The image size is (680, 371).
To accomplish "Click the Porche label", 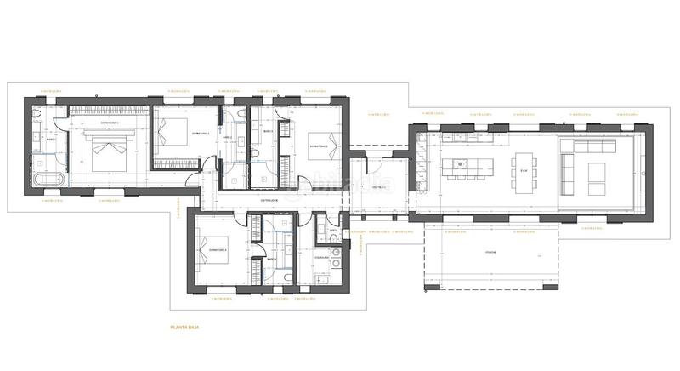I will coord(490,253).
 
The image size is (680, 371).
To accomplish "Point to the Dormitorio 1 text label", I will coord(110,124).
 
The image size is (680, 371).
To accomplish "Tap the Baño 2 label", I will coord(227,138).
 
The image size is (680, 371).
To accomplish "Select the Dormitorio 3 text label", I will coord(320,146).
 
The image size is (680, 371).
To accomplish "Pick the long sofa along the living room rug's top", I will coord(590,146).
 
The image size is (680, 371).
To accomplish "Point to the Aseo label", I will coord(334,230).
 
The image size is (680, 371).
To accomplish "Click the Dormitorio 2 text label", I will coord(200,134).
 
